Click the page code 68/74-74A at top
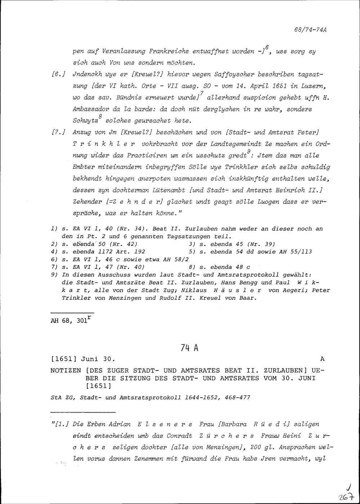click(x=310, y=30)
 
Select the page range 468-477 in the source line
click(x=237, y=398)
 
